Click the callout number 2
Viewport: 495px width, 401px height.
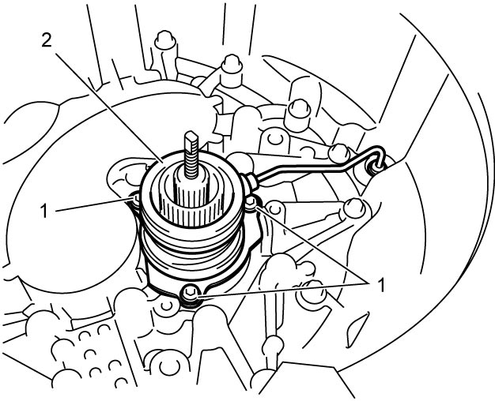pyautogui.click(x=47, y=40)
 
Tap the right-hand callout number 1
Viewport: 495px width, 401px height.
pyautogui.click(x=381, y=286)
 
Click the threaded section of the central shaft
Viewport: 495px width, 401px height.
pyautogui.click(x=190, y=160)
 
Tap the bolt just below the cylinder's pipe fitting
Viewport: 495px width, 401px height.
pyautogui.click(x=251, y=202)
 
